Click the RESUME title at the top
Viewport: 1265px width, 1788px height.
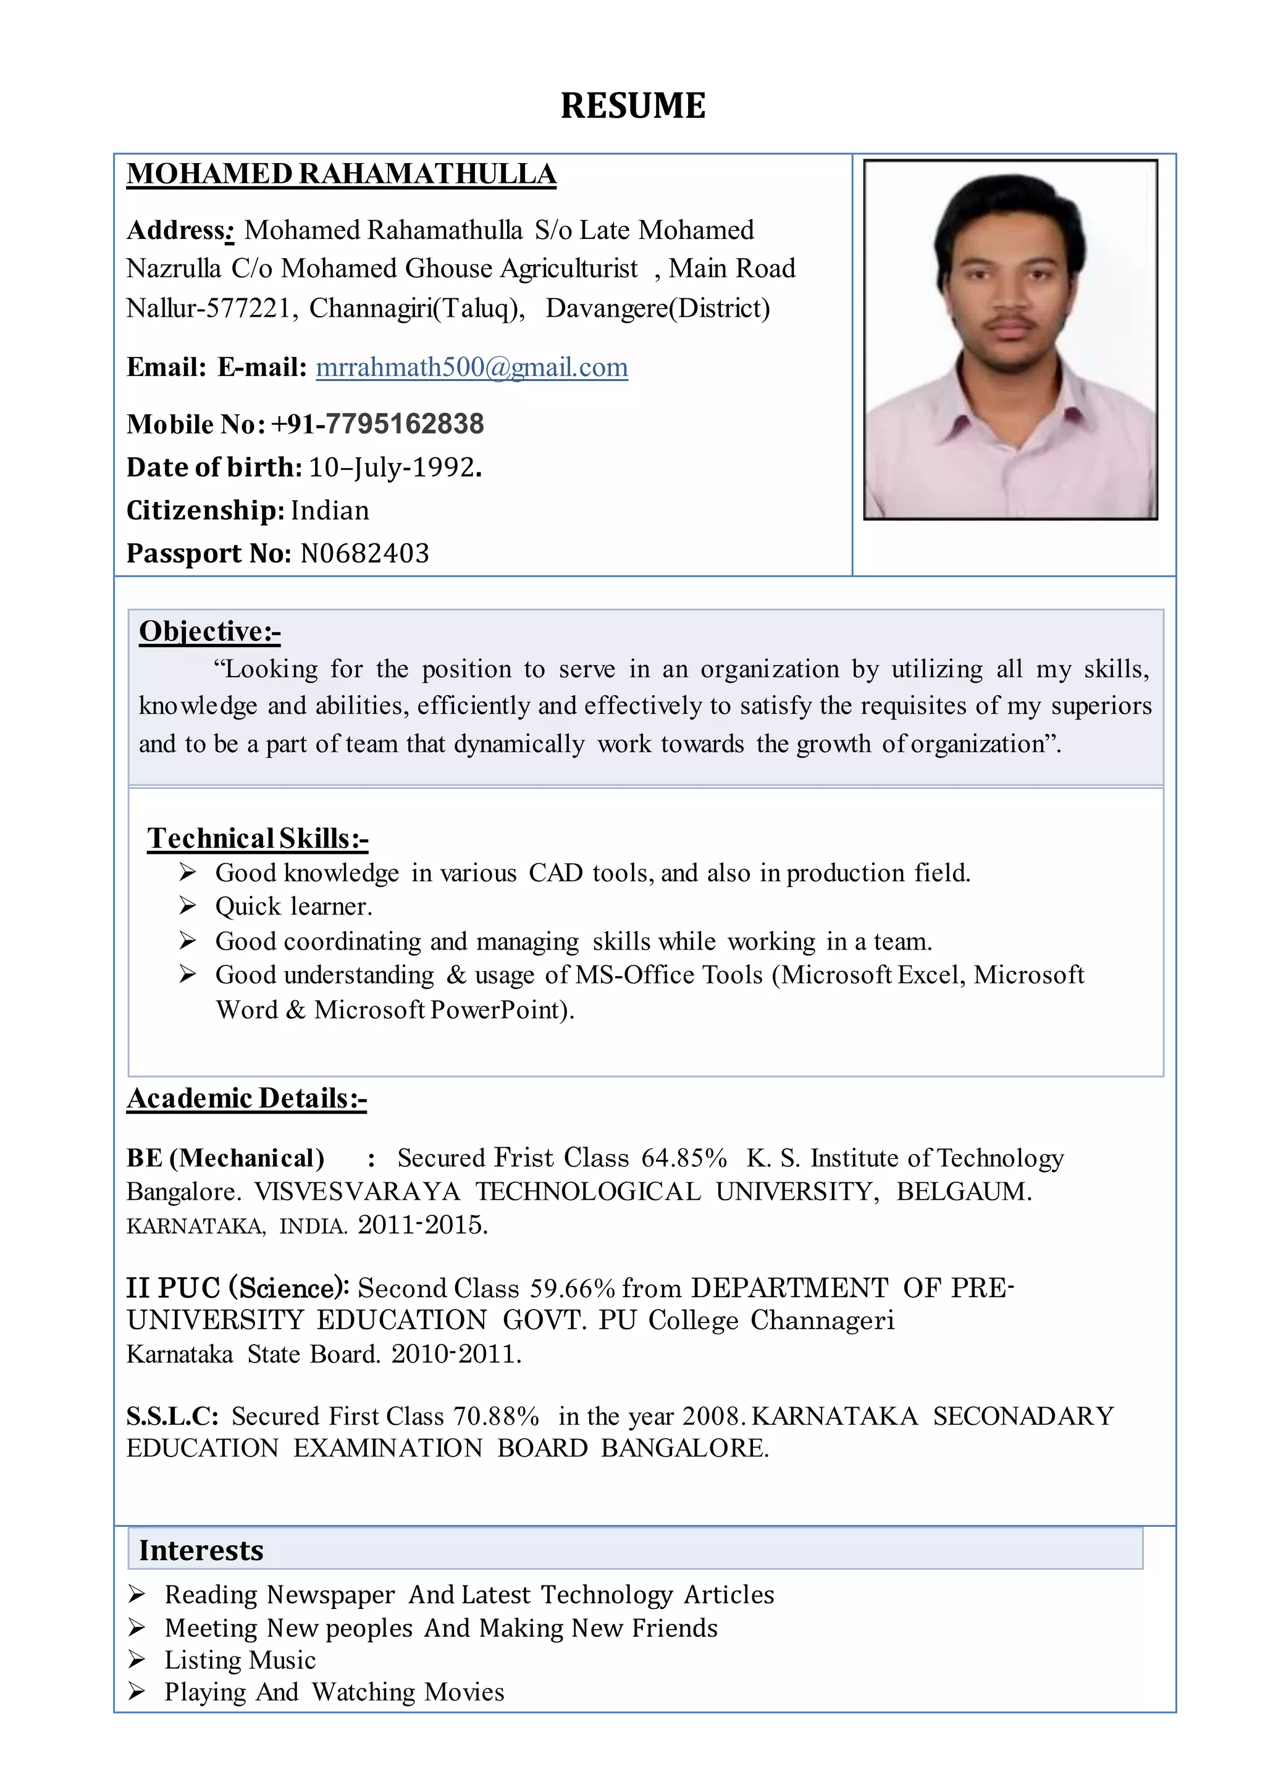(x=632, y=106)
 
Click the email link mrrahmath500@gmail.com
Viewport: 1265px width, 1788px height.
(x=471, y=367)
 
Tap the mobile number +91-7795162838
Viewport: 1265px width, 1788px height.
(x=377, y=424)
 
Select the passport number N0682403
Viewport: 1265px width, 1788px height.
(x=364, y=553)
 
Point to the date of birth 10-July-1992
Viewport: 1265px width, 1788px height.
(x=394, y=467)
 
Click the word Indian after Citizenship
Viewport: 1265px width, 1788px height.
(x=329, y=510)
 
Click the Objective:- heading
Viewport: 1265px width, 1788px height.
(x=209, y=631)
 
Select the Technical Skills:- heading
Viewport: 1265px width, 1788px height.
(x=258, y=838)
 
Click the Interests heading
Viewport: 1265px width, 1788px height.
(x=201, y=1550)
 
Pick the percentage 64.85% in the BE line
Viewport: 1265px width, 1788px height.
(x=684, y=1158)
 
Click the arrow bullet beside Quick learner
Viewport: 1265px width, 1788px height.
(x=187, y=906)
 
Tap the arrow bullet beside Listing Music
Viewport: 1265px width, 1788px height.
(x=137, y=1660)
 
